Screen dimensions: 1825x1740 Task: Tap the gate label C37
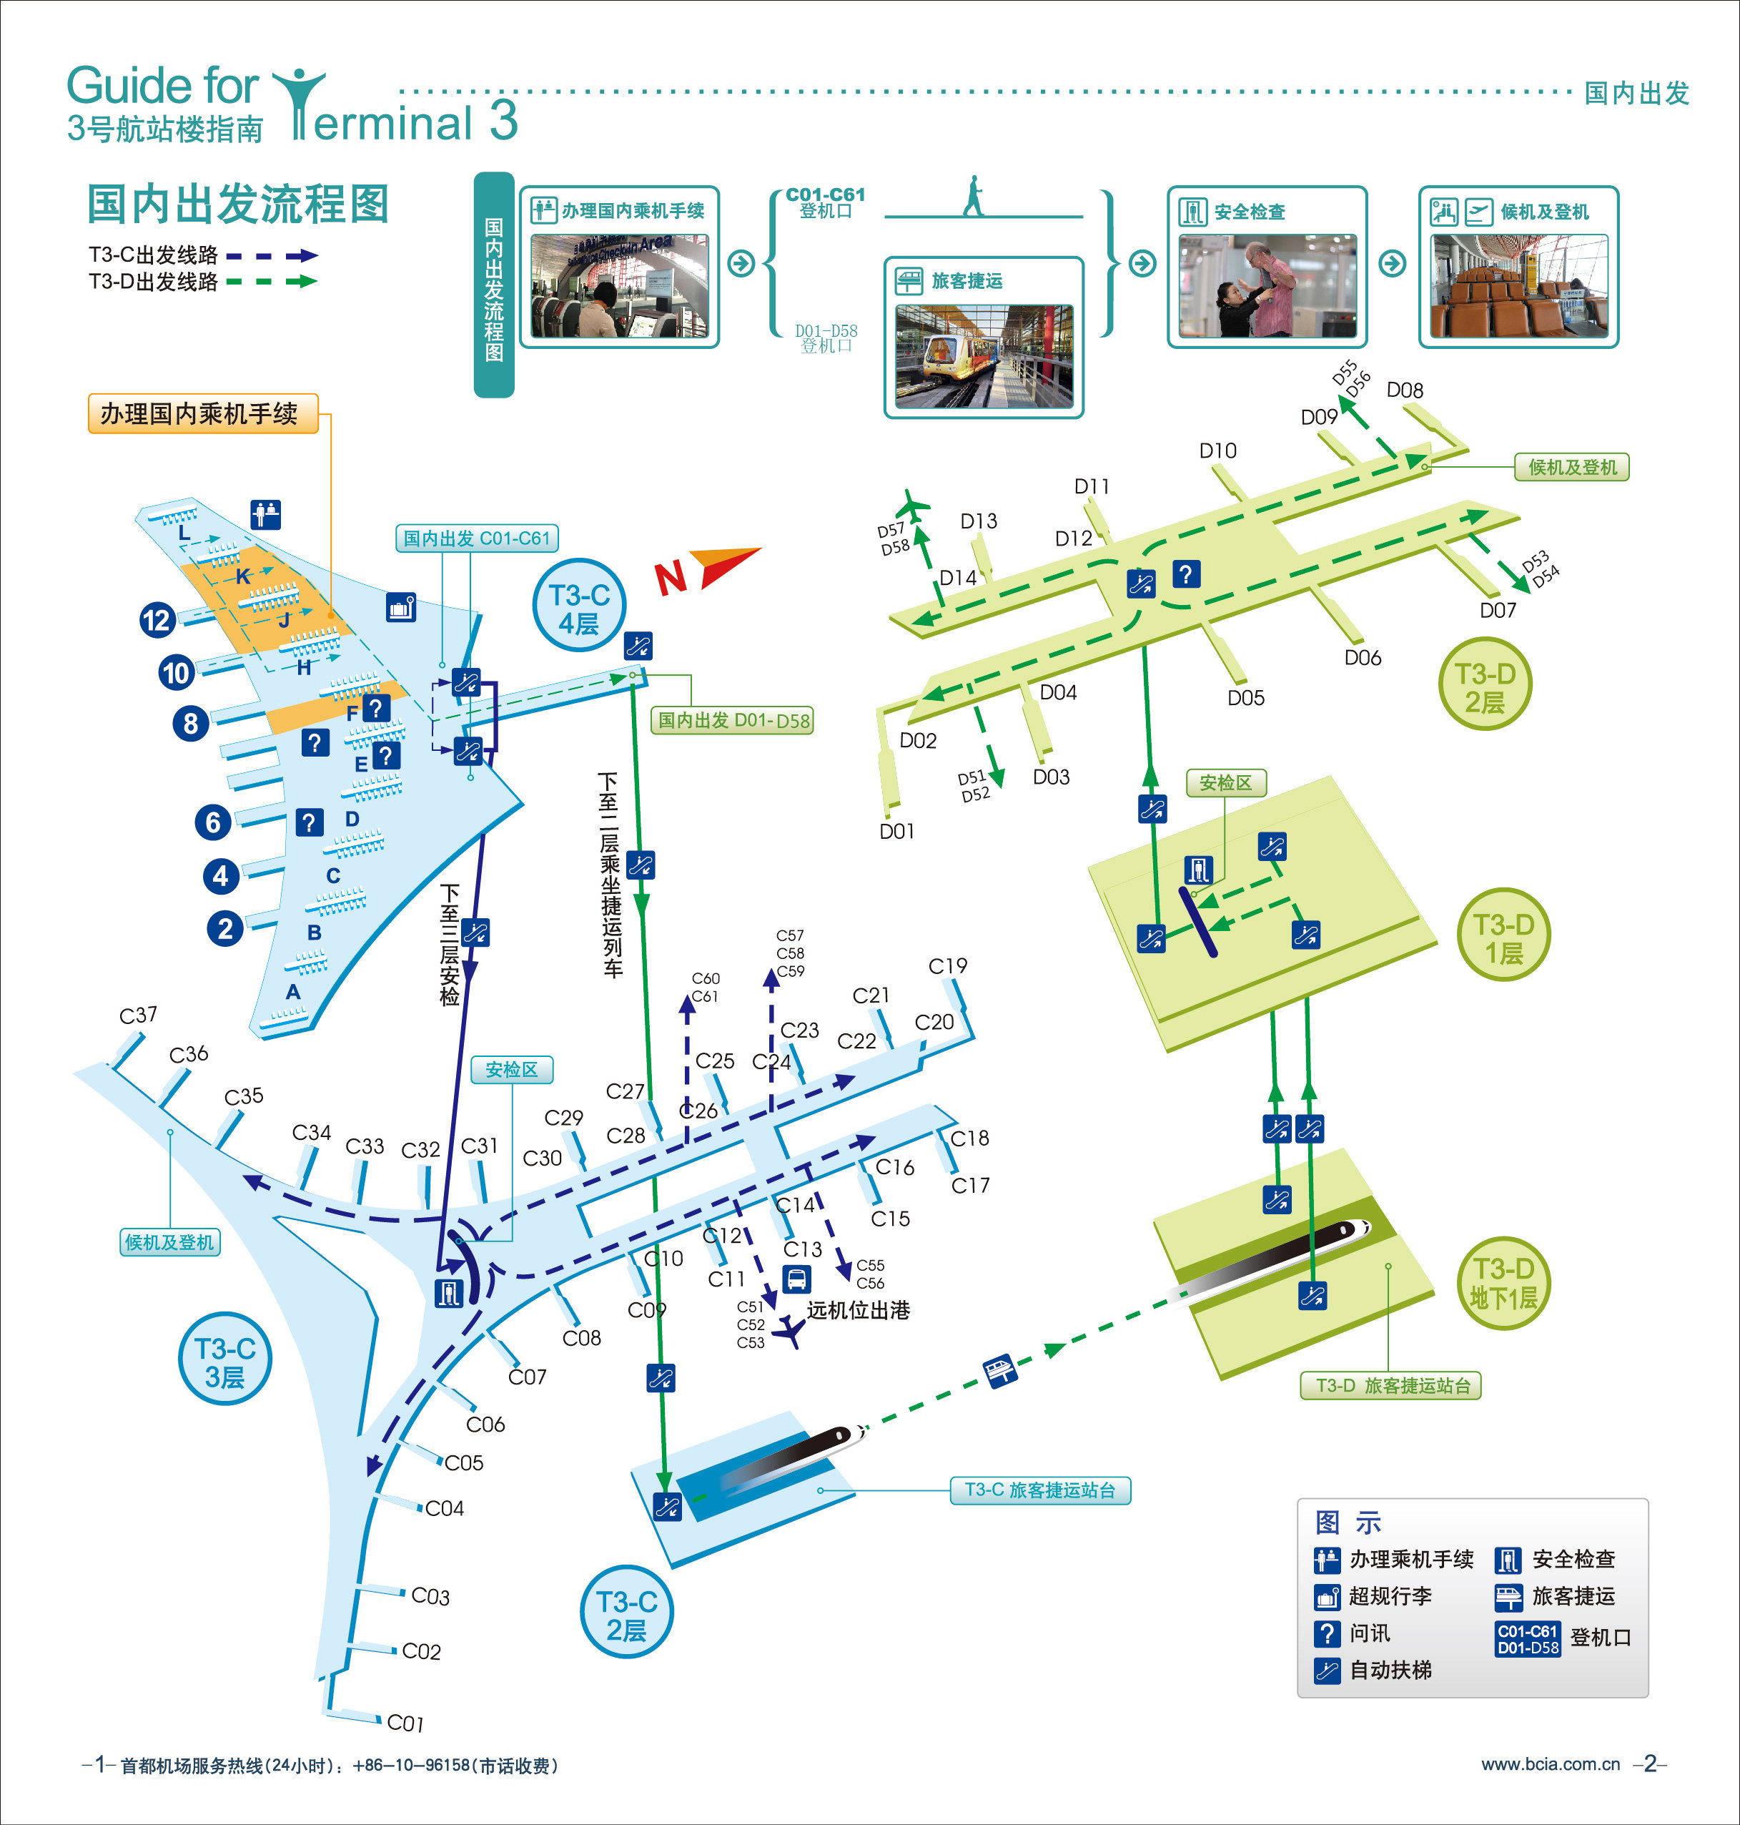pos(138,1015)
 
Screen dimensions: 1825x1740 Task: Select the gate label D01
pos(897,831)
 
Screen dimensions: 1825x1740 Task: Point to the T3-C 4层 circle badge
pos(579,609)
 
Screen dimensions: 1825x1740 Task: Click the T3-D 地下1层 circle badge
pos(1503,1283)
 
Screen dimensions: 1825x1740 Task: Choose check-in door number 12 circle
pos(157,620)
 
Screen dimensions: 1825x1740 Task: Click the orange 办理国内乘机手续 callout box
pos(202,414)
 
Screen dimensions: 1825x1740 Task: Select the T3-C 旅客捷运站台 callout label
pos(1039,1490)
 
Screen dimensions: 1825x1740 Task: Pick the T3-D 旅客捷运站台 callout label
pos(1392,1386)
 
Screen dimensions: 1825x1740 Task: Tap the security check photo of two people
pos(1266,287)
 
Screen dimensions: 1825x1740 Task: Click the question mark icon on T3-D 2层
pos(1185,574)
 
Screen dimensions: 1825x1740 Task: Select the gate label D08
pos(1404,390)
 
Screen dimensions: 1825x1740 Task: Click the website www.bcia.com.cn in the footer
pos(1550,1765)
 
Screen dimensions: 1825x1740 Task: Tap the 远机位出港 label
pos(858,1310)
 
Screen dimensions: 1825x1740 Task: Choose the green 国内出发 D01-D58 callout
pos(733,721)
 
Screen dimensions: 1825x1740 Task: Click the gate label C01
pos(405,1723)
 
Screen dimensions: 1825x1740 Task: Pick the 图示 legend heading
pos(1348,1523)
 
